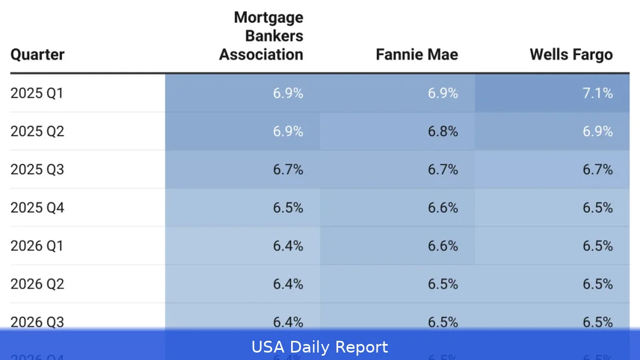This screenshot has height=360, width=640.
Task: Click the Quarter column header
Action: click(37, 54)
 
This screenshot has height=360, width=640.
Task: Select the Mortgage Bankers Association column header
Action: click(261, 36)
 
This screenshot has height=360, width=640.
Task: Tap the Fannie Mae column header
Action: click(417, 54)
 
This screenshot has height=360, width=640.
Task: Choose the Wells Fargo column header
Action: click(571, 54)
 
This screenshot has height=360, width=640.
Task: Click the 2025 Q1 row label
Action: click(37, 93)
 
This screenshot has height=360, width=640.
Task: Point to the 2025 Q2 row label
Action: click(37, 131)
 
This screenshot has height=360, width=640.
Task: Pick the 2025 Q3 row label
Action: click(37, 170)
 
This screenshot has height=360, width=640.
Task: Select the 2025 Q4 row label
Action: click(37, 207)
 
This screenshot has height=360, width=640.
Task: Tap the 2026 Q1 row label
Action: click(37, 246)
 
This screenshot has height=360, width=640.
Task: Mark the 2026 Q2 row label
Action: click(37, 284)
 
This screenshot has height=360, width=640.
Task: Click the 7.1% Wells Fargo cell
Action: click(597, 93)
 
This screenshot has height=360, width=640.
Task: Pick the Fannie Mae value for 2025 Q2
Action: click(443, 131)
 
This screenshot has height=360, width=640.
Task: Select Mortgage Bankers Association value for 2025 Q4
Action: click(288, 207)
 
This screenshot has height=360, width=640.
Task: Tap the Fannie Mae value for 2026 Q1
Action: click(443, 246)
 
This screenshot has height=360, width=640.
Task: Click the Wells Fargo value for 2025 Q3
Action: click(597, 170)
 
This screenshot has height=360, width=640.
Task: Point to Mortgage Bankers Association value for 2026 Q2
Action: click(288, 284)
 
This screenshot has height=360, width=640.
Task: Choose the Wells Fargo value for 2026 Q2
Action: click(597, 284)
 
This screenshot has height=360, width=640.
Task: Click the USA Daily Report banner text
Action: click(320, 347)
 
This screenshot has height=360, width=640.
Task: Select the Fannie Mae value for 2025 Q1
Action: click(443, 93)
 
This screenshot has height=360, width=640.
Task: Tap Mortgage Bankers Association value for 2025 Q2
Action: click(288, 131)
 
